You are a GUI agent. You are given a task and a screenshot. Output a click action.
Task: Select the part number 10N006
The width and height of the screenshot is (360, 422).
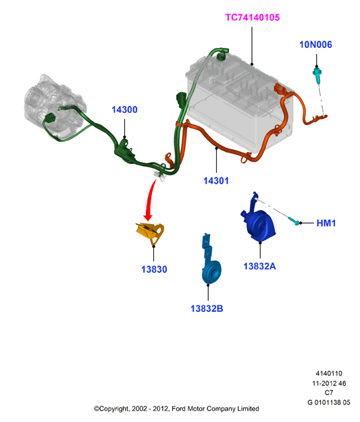tap(315, 45)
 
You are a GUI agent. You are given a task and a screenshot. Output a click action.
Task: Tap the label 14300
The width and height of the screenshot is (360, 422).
tap(124, 109)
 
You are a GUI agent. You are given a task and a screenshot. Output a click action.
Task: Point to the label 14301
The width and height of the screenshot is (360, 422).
tap(216, 180)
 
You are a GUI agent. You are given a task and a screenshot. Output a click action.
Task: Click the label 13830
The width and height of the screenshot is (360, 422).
tap(154, 269)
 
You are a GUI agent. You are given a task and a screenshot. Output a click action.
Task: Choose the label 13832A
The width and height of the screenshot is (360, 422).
tap(259, 266)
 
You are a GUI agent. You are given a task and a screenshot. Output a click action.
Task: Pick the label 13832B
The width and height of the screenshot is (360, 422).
tap(207, 309)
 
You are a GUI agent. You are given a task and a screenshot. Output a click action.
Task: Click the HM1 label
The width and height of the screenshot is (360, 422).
tap(326, 223)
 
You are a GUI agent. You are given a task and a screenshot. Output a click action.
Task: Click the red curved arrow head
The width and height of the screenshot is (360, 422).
tap(148, 217)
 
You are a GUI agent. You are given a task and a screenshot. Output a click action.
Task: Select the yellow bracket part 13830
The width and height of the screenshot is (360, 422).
tap(150, 233)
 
